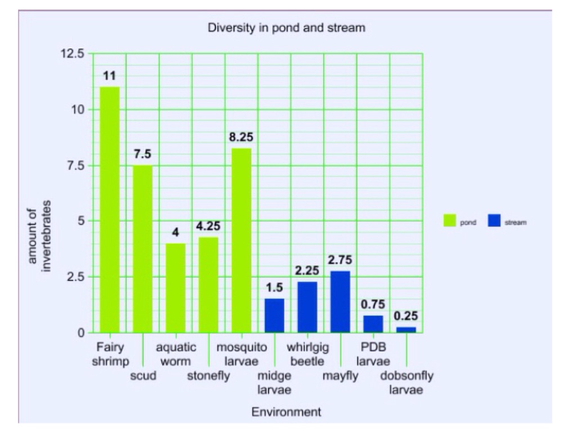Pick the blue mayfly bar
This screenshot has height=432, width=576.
click(x=340, y=301)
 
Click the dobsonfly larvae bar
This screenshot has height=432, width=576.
click(x=406, y=330)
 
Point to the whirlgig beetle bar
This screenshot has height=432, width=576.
click(x=307, y=307)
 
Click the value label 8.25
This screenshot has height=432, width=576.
click(x=241, y=137)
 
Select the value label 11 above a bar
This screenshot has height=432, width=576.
click(x=110, y=75)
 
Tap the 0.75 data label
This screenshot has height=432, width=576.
click(x=373, y=304)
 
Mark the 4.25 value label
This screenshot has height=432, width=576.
click(x=208, y=226)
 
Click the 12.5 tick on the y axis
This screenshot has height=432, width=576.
click(x=73, y=54)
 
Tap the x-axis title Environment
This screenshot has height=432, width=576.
click(x=286, y=412)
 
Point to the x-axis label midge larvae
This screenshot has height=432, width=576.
click(x=274, y=382)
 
